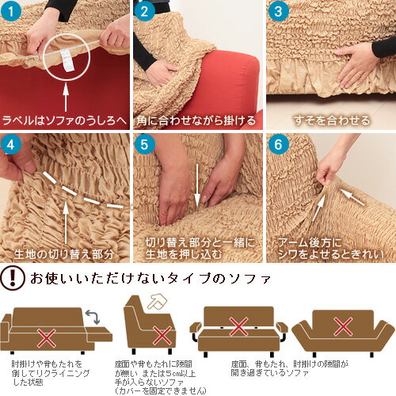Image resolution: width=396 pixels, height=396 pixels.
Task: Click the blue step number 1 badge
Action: coord(12,12)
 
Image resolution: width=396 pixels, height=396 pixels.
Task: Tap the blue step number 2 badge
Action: coord(144,12)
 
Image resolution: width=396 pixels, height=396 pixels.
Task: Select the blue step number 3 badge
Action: coord(277,12)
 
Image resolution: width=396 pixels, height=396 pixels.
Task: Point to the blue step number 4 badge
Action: coord(12,145)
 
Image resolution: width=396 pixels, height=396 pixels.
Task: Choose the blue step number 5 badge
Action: coord(144,145)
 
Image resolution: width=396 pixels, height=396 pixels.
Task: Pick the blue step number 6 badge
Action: coord(277,145)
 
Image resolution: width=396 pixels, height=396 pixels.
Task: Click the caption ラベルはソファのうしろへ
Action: coord(65,120)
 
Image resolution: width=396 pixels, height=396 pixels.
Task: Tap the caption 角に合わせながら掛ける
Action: coord(196,120)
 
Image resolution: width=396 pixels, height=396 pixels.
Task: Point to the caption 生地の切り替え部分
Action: coord(65,254)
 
